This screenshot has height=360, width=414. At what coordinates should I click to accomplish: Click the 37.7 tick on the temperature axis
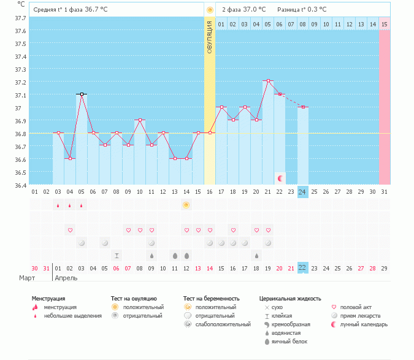(20, 18)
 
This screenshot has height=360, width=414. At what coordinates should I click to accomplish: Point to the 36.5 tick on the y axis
(20, 172)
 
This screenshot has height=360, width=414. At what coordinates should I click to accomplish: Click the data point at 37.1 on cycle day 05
(82, 94)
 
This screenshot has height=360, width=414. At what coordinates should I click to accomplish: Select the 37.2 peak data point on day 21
(268, 81)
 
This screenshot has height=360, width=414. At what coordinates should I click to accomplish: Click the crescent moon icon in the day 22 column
(280, 178)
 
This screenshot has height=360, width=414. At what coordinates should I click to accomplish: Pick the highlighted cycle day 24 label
(302, 191)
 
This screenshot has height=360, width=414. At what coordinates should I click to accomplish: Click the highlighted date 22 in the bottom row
(302, 268)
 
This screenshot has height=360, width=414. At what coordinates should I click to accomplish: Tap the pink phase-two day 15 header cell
(384, 24)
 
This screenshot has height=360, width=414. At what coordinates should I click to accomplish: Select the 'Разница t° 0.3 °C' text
(302, 10)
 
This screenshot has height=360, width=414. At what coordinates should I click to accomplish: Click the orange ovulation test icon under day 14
(186, 205)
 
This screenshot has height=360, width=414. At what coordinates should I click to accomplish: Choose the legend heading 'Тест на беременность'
(210, 299)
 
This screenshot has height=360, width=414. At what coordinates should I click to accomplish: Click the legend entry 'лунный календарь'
(362, 324)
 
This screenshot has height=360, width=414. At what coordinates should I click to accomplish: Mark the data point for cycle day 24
(302, 107)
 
